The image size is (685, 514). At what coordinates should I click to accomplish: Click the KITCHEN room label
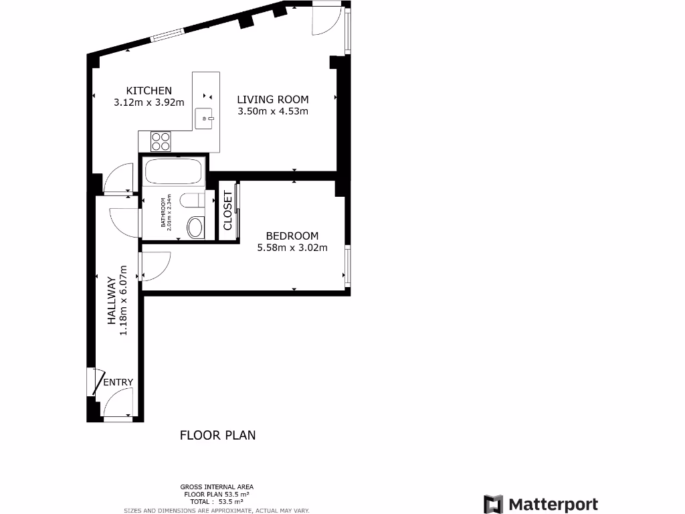[149, 90]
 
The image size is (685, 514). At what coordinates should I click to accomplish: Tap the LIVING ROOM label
[273, 100]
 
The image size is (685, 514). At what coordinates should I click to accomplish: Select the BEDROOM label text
[292, 236]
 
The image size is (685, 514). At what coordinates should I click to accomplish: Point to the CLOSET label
[227, 211]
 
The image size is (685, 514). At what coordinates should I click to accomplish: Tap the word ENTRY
[118, 382]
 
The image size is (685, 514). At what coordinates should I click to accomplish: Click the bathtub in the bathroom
[174, 171]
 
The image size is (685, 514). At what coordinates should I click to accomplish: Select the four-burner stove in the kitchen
[161, 141]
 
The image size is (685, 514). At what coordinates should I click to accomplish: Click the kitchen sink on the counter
[204, 118]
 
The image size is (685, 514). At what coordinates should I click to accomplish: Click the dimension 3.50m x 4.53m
[273, 112]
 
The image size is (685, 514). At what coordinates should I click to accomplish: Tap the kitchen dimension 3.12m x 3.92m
[149, 102]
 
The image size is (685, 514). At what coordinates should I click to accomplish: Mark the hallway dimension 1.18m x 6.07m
[123, 307]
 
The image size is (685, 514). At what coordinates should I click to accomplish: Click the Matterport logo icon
[493, 504]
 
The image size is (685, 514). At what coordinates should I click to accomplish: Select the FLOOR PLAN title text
[217, 435]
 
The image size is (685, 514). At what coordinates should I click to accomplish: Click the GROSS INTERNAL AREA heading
[217, 487]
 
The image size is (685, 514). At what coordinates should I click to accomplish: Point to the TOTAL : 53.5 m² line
[217, 501]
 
